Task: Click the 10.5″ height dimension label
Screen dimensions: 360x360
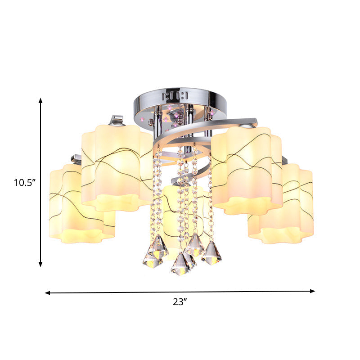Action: tap(25, 183)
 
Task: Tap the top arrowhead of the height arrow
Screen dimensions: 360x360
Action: tap(40, 100)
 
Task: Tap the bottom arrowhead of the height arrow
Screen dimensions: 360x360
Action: tap(40, 264)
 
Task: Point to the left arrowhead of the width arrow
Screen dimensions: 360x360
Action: tap(48, 293)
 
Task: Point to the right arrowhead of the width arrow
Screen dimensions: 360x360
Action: tap(312, 291)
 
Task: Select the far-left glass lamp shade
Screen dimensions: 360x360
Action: tap(82, 203)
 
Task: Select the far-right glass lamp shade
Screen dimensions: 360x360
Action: tap(281, 203)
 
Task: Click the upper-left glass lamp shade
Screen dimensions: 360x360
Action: tap(117, 167)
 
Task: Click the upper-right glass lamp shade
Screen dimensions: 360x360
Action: tap(247, 171)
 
